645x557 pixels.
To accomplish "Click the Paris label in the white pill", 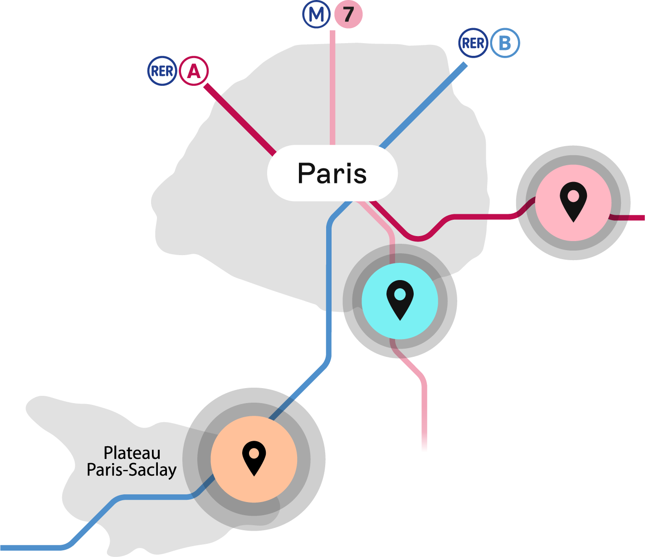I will (332, 173).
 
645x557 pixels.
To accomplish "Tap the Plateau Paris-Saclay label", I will (132, 461).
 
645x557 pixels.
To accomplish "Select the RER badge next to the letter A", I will (162, 71).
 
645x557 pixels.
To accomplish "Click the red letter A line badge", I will (194, 71).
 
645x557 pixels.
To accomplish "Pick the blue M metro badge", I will (316, 15).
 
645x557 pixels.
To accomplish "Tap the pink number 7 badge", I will (348, 15).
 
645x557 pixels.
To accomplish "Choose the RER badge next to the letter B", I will (473, 43).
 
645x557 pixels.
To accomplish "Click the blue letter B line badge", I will (505, 43).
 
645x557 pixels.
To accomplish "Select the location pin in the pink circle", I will (573, 202).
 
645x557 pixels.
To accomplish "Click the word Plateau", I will (132, 453).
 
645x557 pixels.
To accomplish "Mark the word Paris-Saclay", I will (132, 470).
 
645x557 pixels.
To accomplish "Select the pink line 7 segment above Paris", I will (333, 86).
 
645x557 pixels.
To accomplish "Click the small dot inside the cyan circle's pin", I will (400, 294).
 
